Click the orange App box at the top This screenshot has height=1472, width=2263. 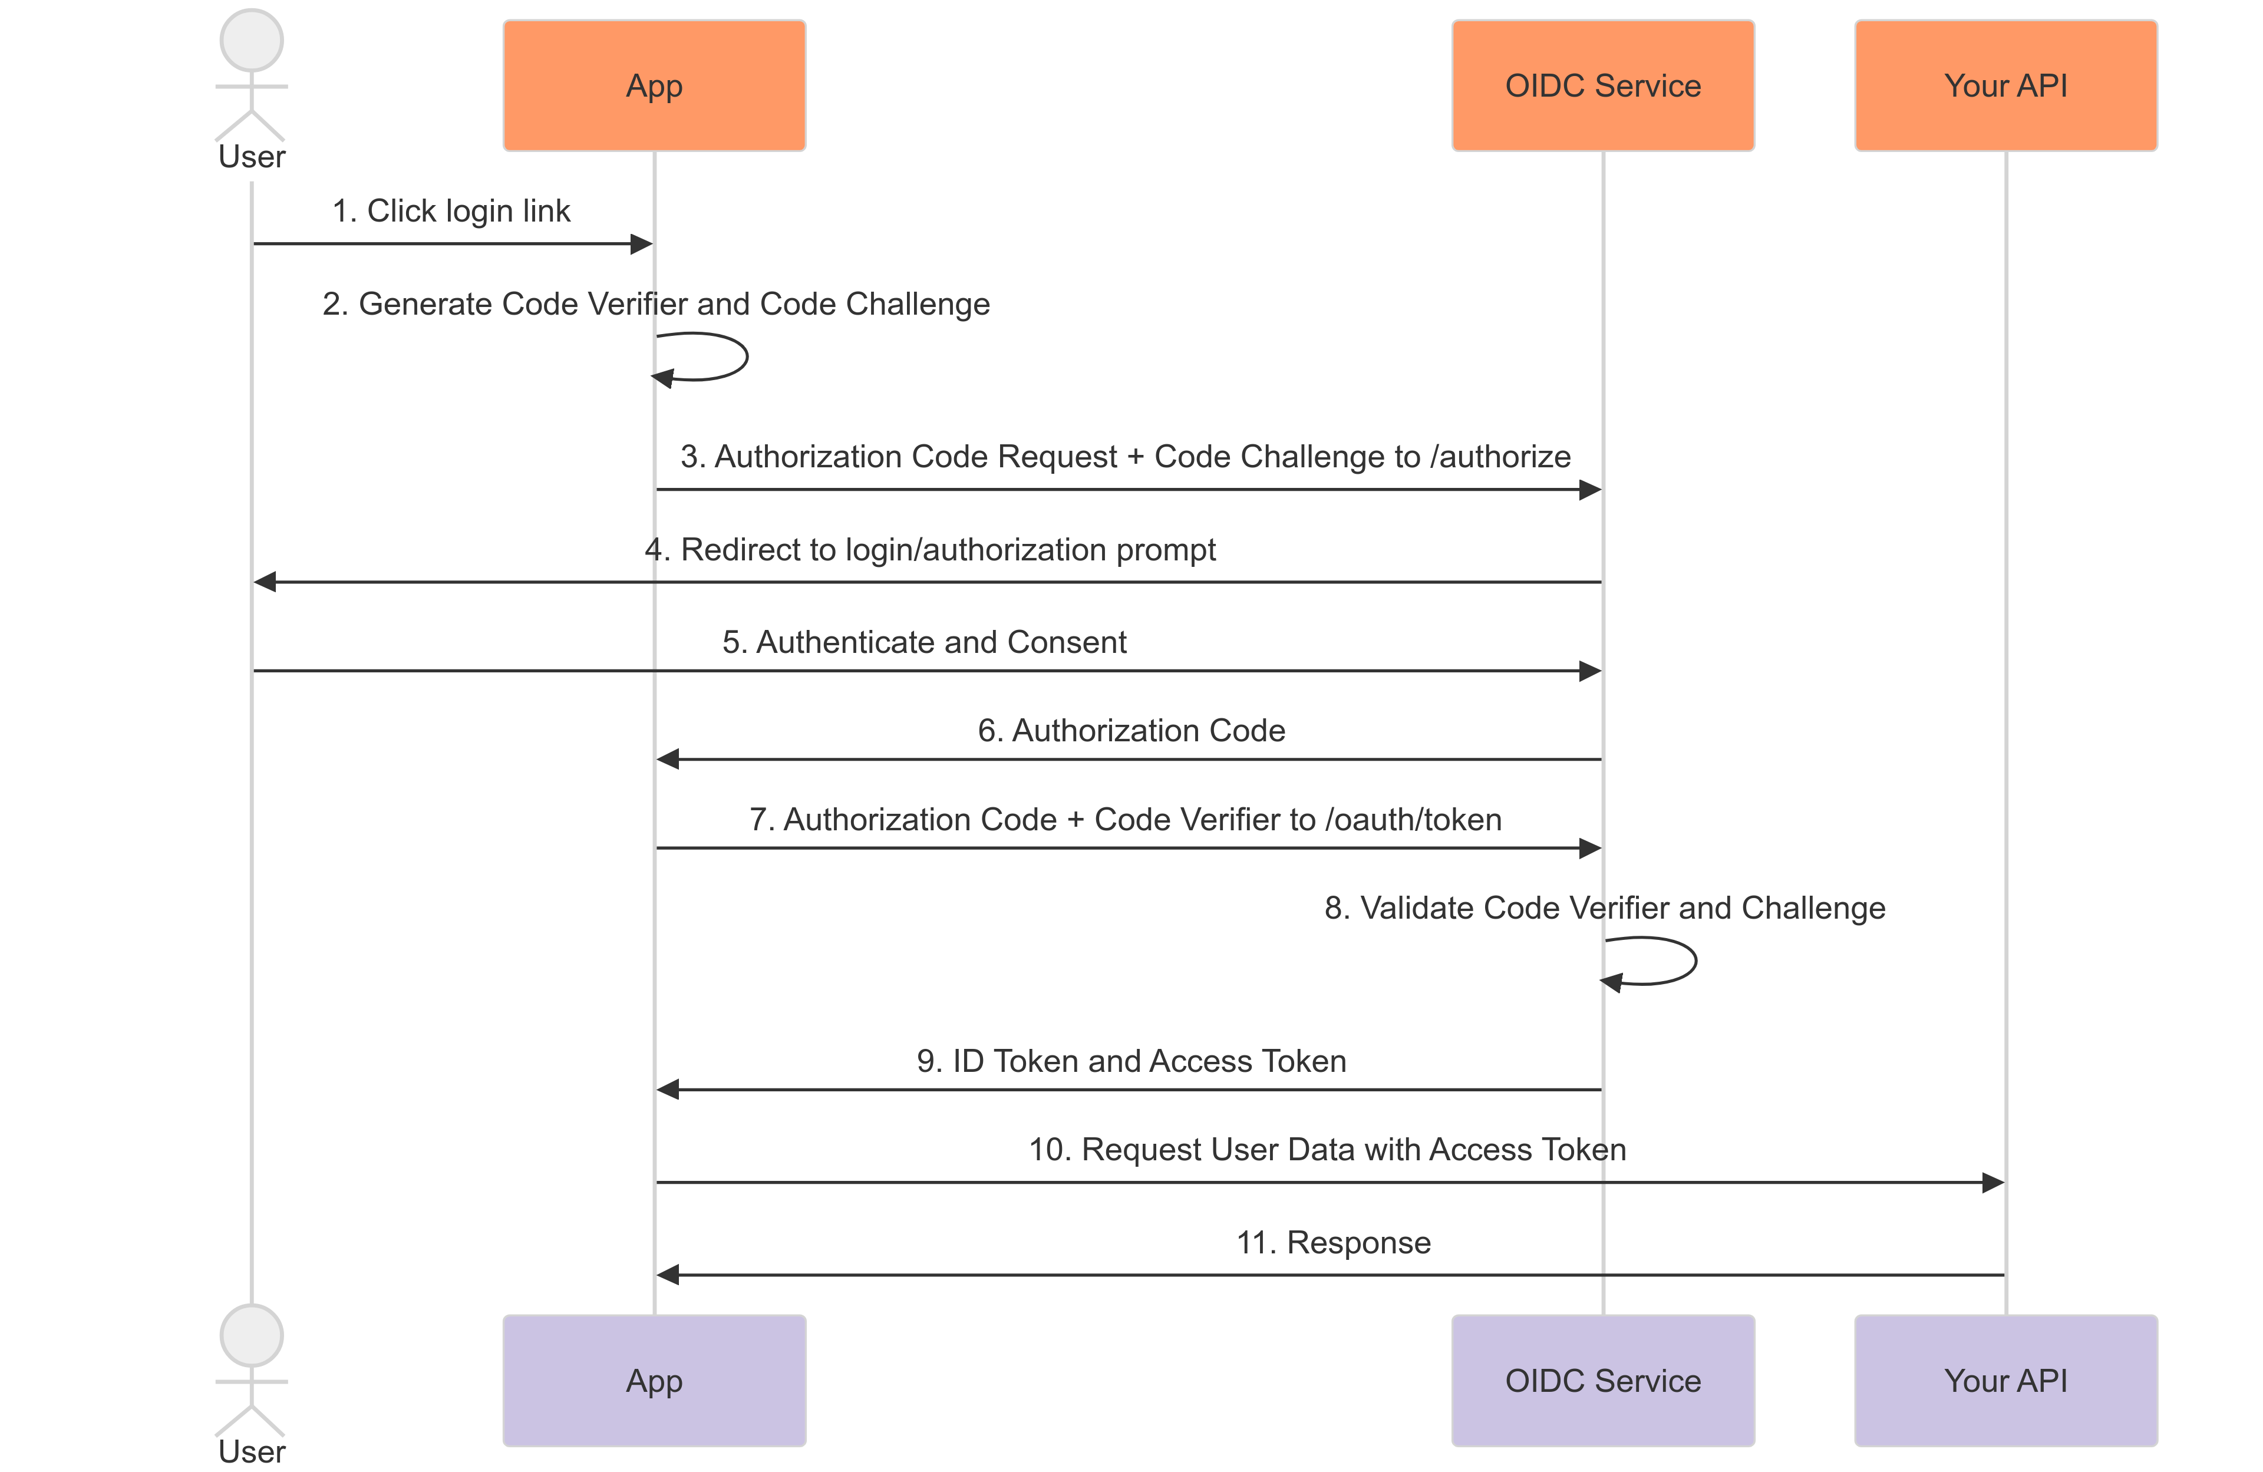pos(654,85)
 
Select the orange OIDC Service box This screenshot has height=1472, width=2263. pos(1602,85)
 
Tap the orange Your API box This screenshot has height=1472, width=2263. pos(2005,85)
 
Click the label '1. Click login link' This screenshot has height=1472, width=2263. pos(451,210)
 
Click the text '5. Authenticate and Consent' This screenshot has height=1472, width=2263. pos(923,642)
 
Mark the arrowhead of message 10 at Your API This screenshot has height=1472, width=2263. pos(1993,1182)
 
